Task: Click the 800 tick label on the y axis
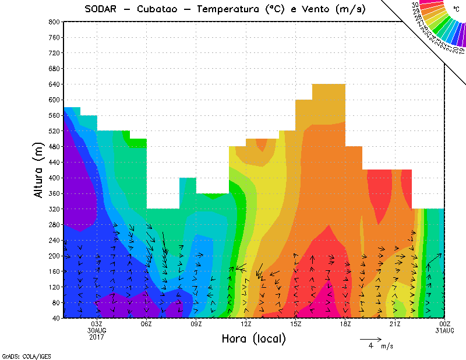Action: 54,22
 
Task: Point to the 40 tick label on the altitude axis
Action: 56,318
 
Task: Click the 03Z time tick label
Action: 97,324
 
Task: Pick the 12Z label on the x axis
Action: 246,324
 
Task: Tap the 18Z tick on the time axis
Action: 345,324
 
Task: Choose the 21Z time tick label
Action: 395,324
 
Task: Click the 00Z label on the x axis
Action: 445,324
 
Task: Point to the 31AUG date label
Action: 445,330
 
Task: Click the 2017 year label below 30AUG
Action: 97,337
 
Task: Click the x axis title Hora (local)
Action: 253,338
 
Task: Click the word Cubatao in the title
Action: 158,9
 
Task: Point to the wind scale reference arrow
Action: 370,338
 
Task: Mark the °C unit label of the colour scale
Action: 456,9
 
